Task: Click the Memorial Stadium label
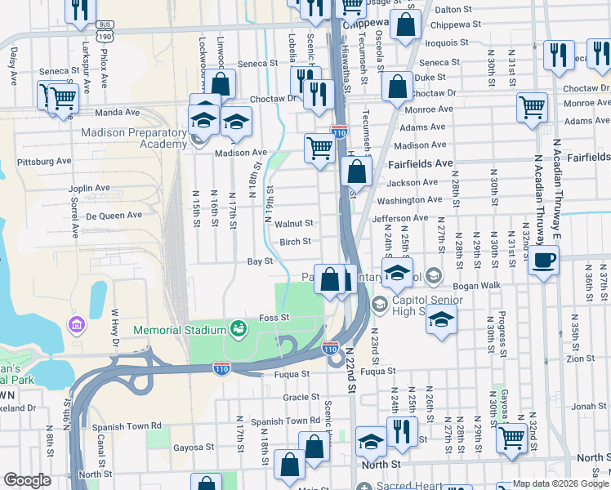coord(179,330)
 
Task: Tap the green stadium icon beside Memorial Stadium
coord(239,328)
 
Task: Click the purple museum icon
coord(78,326)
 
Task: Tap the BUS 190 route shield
coord(104,33)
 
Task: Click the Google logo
coord(27,480)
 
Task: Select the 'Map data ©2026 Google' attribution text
coord(560,483)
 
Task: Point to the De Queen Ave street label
coord(114,216)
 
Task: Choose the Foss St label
coord(274,317)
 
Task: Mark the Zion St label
coord(580,358)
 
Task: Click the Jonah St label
coord(590,406)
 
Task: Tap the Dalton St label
coord(454,10)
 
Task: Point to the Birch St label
coord(296,241)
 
